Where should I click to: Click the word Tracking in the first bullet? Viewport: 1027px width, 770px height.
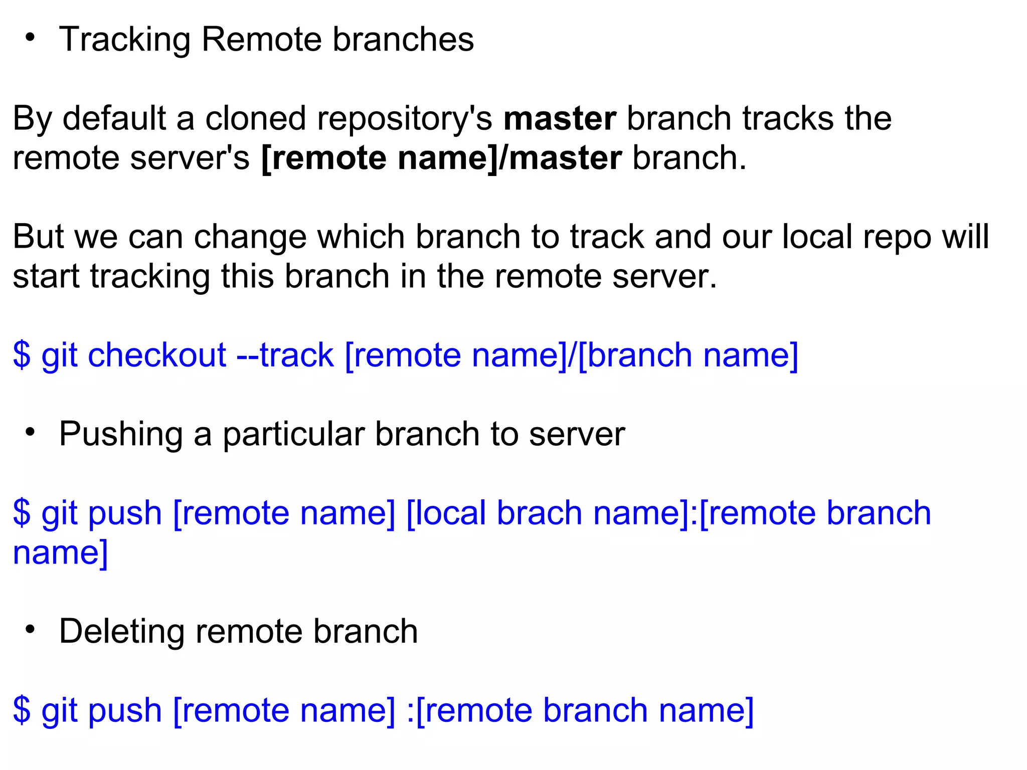pyautogui.click(x=124, y=40)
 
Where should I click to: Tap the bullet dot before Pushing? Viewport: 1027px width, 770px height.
pyautogui.click(x=31, y=432)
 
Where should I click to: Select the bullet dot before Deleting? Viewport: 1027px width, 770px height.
pyautogui.click(x=31, y=629)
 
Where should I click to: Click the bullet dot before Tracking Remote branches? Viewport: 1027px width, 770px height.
pyautogui.click(x=31, y=37)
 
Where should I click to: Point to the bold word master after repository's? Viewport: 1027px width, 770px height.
pyautogui.click(x=560, y=119)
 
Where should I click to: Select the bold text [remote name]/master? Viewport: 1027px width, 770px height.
pyautogui.click(x=441, y=158)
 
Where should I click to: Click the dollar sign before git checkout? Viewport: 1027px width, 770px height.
pyautogui.click(x=22, y=355)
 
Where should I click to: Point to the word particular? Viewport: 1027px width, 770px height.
pyautogui.click(x=293, y=434)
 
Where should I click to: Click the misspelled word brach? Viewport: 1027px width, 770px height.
pyautogui.click(x=539, y=513)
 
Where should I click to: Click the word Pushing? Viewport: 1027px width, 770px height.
pyautogui.click(x=121, y=435)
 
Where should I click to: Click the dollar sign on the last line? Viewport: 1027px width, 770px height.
pyautogui.click(x=22, y=710)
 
